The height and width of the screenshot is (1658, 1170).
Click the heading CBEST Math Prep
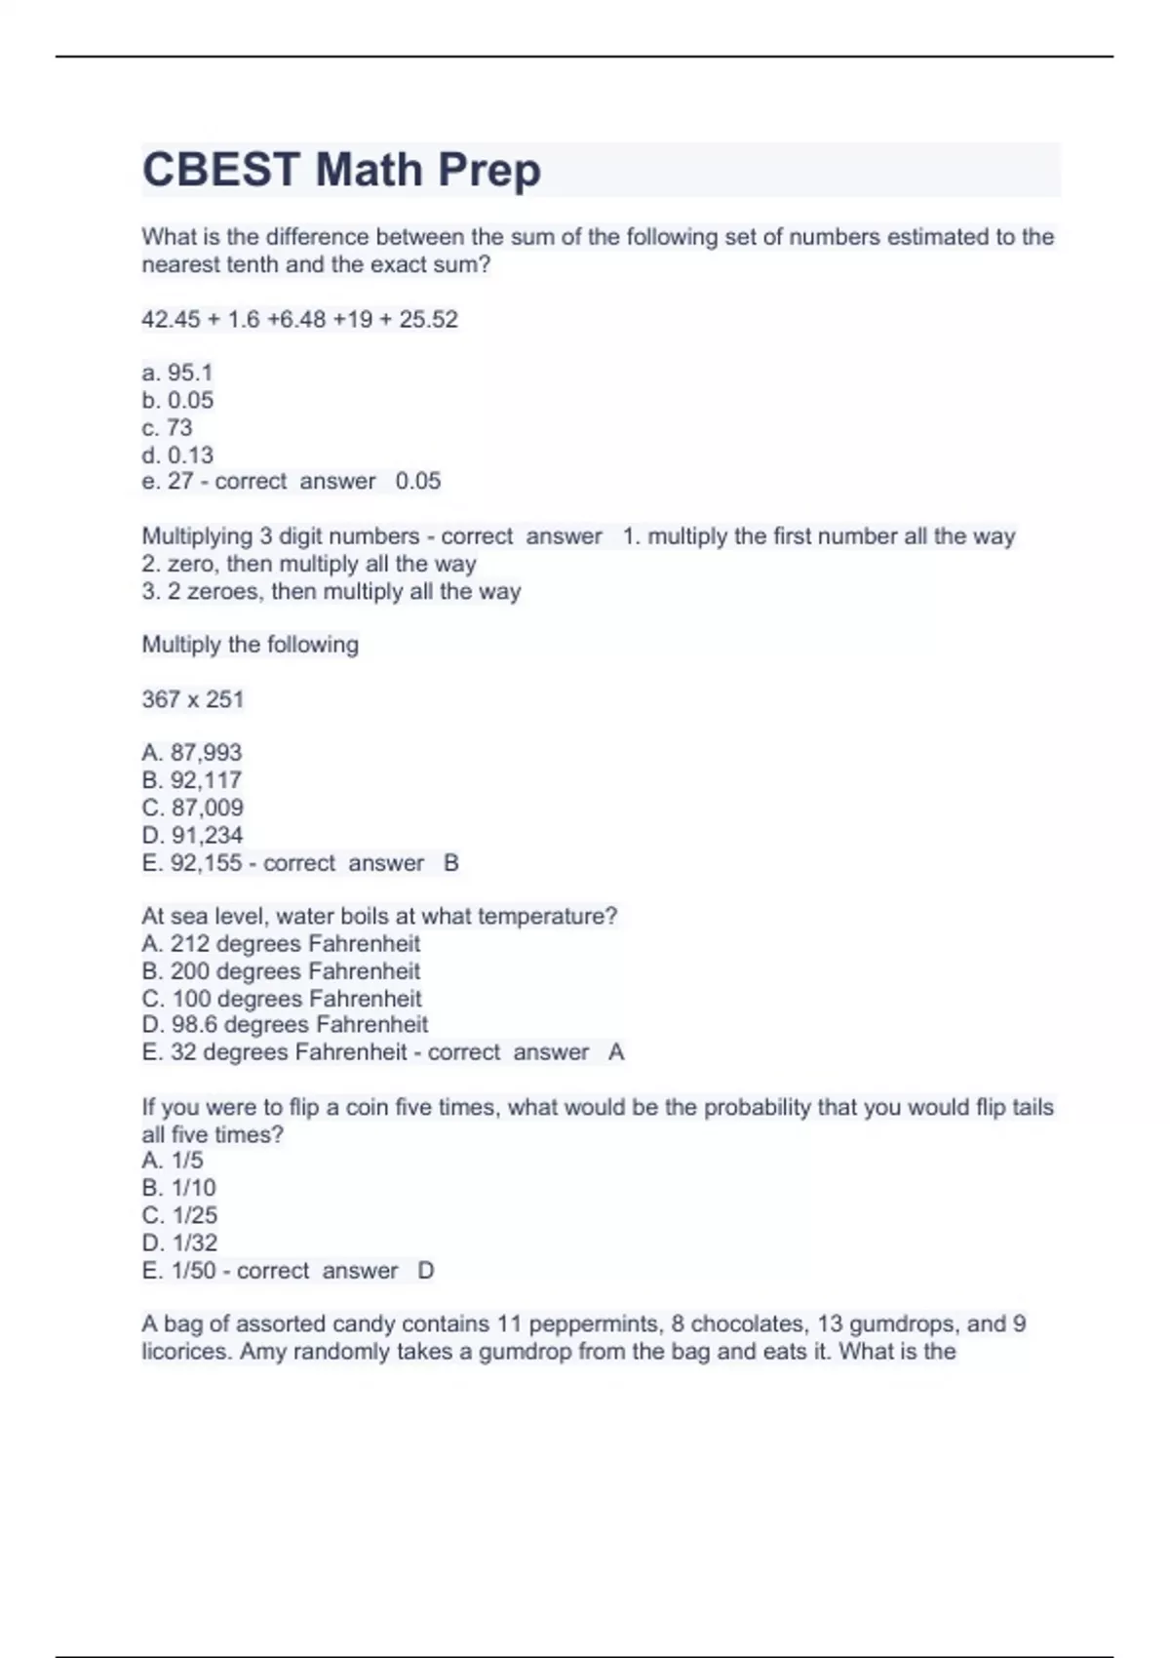tap(341, 170)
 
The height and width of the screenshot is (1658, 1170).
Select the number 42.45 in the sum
tap(171, 320)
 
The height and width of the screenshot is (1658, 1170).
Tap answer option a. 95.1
tap(177, 373)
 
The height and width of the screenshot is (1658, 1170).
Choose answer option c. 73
tap(168, 427)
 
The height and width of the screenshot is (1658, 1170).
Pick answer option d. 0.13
tap(177, 454)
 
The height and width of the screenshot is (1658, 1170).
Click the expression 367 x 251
tap(193, 699)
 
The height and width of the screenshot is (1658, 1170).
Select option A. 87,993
tap(192, 753)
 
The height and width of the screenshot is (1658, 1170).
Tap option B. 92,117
tap(192, 780)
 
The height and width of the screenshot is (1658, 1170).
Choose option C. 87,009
tap(193, 808)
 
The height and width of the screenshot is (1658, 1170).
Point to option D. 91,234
tap(192, 835)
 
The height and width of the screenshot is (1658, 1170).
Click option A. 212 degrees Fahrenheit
tap(281, 944)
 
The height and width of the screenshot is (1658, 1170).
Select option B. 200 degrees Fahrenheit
tap(281, 971)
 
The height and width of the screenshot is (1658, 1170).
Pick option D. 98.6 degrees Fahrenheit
tap(285, 1025)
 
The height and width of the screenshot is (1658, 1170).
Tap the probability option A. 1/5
tap(173, 1161)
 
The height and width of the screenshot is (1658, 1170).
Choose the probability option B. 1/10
tap(179, 1188)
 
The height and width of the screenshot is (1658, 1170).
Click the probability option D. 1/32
tap(179, 1243)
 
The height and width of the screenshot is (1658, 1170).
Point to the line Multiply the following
tap(251, 645)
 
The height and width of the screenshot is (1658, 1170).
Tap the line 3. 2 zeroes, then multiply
tap(331, 591)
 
